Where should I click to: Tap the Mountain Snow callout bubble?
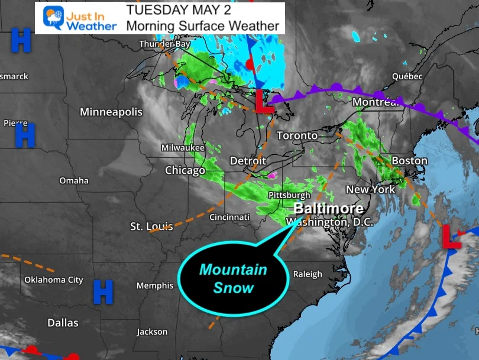click(233, 278)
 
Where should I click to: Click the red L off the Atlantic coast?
click(451, 236)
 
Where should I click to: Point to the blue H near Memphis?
click(103, 291)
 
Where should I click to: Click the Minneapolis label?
click(111, 112)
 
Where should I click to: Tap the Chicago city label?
click(185, 170)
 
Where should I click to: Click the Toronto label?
click(297, 135)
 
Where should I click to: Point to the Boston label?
click(409, 160)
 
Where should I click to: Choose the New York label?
click(370, 189)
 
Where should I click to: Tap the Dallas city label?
click(63, 323)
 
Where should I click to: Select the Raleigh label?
click(308, 274)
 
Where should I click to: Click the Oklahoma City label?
click(53, 280)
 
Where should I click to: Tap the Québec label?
click(407, 76)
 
